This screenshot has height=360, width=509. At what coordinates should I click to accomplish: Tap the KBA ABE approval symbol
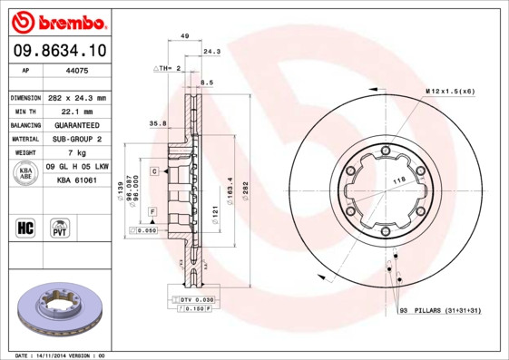(x=26, y=174)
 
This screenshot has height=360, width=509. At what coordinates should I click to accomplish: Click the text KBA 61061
(x=77, y=180)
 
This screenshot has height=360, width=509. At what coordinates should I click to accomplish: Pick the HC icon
(x=25, y=227)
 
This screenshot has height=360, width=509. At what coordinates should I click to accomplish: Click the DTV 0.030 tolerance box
(x=193, y=299)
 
